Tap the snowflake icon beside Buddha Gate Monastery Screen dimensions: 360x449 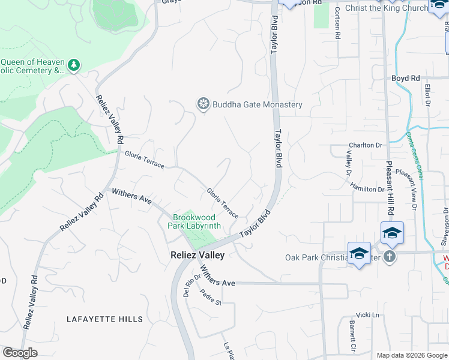click(203, 104)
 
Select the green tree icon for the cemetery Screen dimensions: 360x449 click(74, 65)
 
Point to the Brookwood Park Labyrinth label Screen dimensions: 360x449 click(197, 222)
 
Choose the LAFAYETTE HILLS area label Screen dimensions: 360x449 click(105, 319)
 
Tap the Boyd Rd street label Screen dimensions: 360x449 click(406, 79)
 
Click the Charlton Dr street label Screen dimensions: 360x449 click(366, 146)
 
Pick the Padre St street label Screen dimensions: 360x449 click(211, 298)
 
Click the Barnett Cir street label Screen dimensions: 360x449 click(352, 337)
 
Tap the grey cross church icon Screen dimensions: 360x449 click(390, 257)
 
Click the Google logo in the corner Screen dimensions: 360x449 click(20, 353)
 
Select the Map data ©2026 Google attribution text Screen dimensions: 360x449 click(411, 355)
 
